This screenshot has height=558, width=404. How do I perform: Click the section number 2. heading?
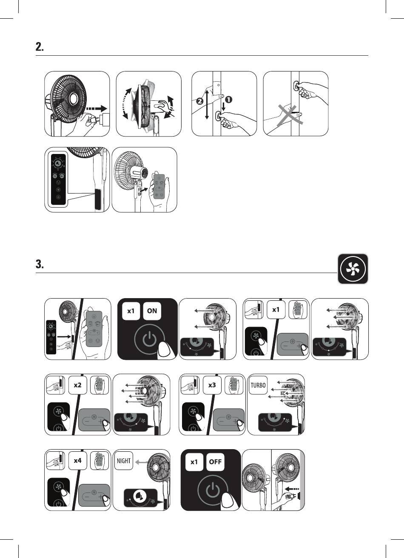[40, 48]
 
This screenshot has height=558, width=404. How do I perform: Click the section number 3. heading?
[40, 265]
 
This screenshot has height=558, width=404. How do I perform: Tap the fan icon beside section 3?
[353, 269]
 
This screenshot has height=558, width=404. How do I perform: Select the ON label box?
[152, 311]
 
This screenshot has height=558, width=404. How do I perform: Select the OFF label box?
[215, 462]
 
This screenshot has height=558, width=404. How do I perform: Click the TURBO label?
[258, 386]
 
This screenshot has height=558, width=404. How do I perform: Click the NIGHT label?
[123, 461]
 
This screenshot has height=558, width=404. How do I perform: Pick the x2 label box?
[77, 385]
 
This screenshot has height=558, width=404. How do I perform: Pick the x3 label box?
[212, 385]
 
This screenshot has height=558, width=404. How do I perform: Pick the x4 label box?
[77, 461]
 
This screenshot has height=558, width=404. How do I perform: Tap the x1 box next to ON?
[131, 311]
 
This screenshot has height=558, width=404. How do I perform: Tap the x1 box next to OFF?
[194, 462]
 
